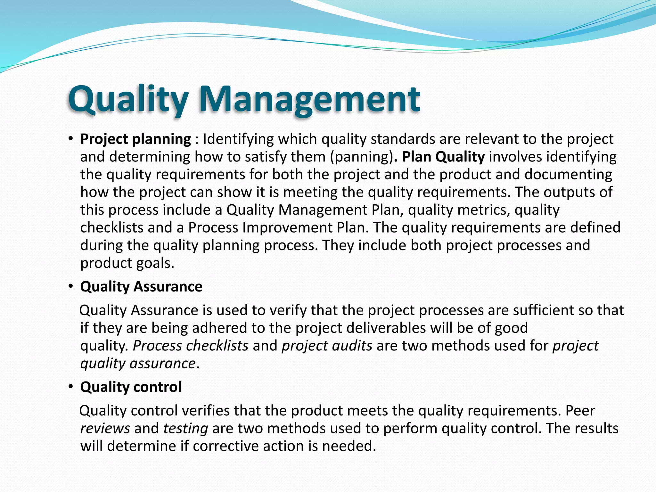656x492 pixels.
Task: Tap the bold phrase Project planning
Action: click(x=135, y=139)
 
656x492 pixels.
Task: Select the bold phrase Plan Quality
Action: click(x=443, y=157)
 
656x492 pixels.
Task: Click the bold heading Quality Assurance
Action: click(x=141, y=286)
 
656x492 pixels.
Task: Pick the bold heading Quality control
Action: click(x=131, y=387)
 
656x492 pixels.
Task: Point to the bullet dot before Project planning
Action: click(x=71, y=139)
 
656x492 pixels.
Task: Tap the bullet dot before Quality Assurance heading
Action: click(x=71, y=287)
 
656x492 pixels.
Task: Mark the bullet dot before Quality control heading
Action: click(x=71, y=387)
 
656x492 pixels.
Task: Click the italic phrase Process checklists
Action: click(x=191, y=346)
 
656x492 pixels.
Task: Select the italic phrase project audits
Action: click(x=327, y=346)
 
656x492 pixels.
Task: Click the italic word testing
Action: click(x=186, y=429)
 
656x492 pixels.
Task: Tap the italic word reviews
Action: click(x=105, y=429)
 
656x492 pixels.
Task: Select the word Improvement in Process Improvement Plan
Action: click(x=287, y=228)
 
